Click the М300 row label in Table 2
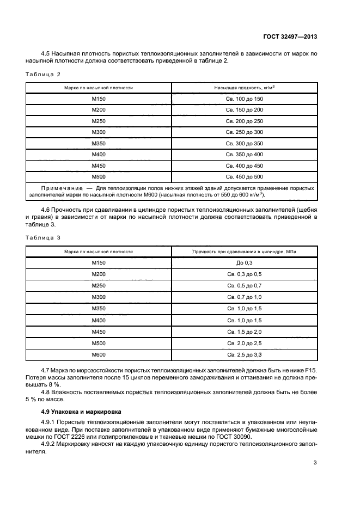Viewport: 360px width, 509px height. [99, 132]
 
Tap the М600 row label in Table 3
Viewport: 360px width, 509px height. [99, 354]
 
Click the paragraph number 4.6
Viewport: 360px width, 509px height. [46, 210]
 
